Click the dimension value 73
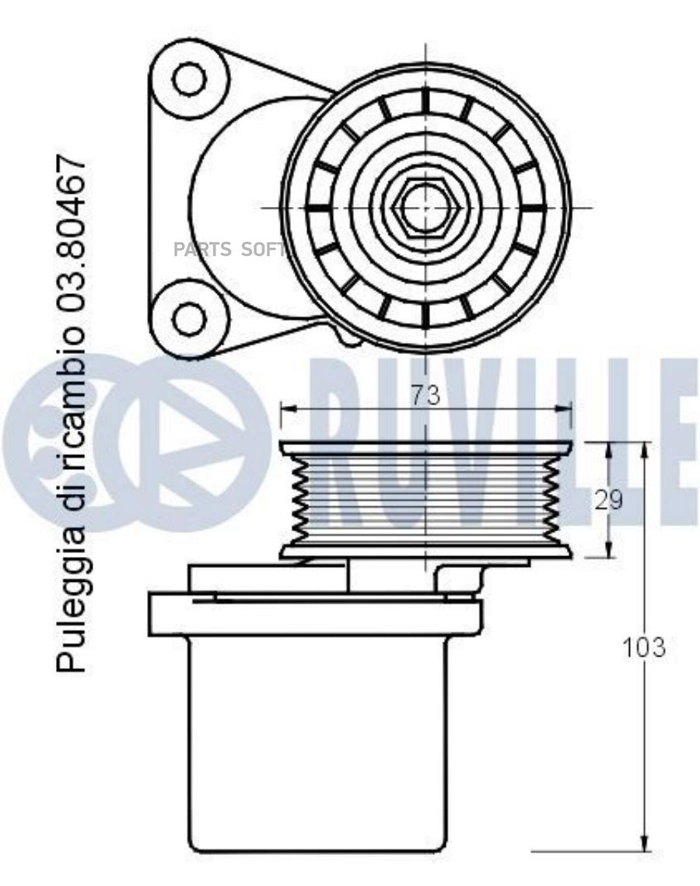click(x=425, y=395)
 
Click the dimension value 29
click(x=609, y=499)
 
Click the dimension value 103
click(x=644, y=647)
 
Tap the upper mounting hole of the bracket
click(x=189, y=78)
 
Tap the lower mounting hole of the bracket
click(x=189, y=319)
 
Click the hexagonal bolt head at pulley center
click(x=425, y=207)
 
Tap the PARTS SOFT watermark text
click(x=228, y=249)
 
